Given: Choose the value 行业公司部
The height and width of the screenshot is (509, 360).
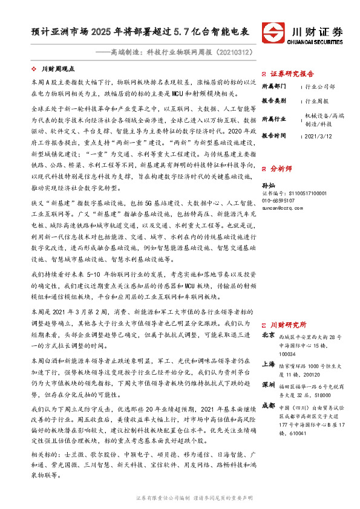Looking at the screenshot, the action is tap(320, 87).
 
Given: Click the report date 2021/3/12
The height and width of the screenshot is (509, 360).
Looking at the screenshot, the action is tap(318, 136).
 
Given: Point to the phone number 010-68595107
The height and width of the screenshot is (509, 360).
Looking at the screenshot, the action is tap(278, 199).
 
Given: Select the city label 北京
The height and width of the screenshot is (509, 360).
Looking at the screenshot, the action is tap(268, 334).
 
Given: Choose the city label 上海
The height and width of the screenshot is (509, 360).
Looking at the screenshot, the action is tap(268, 365).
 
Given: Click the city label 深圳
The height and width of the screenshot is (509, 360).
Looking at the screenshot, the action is tap(268, 384).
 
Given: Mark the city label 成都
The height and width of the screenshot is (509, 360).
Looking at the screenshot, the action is tap(268, 405).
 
